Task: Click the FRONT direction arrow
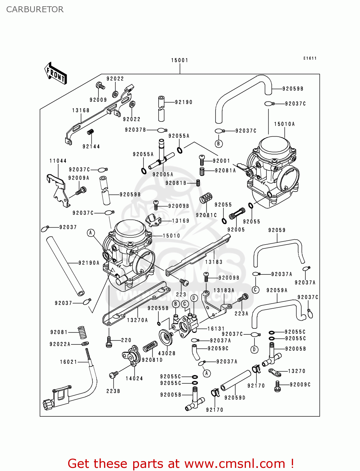(56, 73)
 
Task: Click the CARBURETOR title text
(35, 9)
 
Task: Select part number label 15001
(179, 60)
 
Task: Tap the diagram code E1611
(310, 58)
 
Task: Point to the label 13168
(81, 111)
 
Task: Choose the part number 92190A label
(89, 263)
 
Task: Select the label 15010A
(284, 124)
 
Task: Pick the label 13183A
(224, 290)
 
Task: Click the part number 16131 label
(216, 329)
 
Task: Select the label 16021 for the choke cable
(68, 362)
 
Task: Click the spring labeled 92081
(82, 332)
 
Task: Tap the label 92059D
(235, 398)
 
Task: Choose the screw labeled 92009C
(277, 386)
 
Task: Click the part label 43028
(166, 353)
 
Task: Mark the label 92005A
(163, 175)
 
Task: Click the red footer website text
(181, 463)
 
